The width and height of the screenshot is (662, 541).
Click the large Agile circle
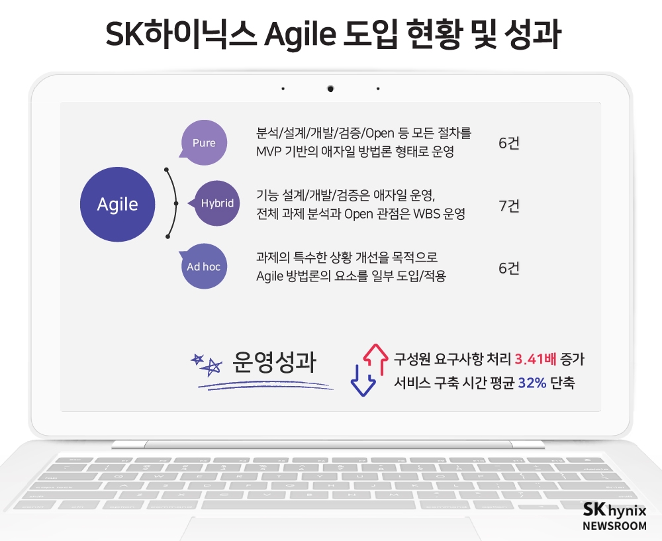tap(118, 204)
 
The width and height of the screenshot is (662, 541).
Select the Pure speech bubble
tap(204, 142)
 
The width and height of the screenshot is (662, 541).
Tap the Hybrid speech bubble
tap(216, 203)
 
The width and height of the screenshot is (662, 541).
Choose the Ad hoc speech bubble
tap(203, 266)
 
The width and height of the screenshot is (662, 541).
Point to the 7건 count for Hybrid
tap(508, 206)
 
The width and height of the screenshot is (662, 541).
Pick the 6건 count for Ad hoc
tap(508, 268)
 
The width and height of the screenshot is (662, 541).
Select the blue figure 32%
tap(532, 383)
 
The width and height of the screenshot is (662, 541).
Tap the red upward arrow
tap(375, 358)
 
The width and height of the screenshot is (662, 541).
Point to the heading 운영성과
tap(274, 364)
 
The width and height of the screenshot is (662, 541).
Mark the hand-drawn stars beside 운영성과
tap(207, 363)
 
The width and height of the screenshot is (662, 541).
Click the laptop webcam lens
tap(330, 88)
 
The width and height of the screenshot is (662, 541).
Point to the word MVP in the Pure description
tap(269, 152)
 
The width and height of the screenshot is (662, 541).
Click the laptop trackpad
tap(331, 527)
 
